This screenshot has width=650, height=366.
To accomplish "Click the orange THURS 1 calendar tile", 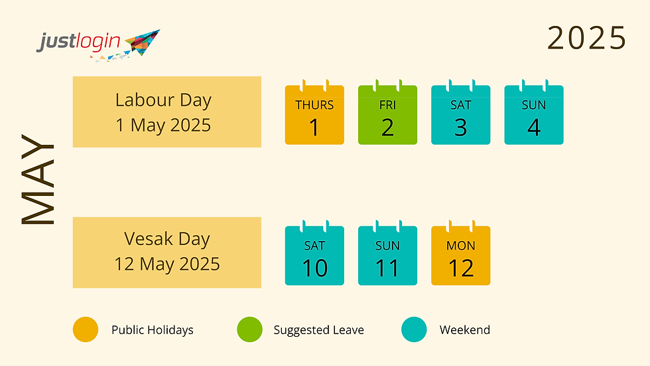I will [x=314, y=116].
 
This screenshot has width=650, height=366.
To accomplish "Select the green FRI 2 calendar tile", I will [x=387, y=116].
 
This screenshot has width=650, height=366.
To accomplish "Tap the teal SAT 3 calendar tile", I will [x=460, y=116].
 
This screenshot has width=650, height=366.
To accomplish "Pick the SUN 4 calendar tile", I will [x=533, y=116].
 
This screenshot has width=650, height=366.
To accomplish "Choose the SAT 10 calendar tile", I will [x=314, y=256].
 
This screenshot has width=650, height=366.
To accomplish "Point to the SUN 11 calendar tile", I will [x=387, y=256].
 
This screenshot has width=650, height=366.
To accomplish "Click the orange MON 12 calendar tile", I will [x=460, y=256].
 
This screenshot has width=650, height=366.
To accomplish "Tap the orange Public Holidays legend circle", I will [x=86, y=329].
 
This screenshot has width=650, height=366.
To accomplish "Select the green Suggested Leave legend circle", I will [x=249, y=329].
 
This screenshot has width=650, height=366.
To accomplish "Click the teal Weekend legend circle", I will [x=415, y=329].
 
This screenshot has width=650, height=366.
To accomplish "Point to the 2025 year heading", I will [x=586, y=38].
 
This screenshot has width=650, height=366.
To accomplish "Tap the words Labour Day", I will [x=163, y=100].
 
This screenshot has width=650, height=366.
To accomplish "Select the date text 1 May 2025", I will [x=163, y=125].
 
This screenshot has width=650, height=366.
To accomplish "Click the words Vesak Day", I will [x=166, y=239].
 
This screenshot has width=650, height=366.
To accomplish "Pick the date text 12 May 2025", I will [x=166, y=264].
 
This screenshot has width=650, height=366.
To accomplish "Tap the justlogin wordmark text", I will [x=78, y=43].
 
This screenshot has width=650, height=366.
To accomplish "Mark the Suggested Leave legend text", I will [x=318, y=330].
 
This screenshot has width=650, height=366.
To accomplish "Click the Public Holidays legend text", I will [x=153, y=330].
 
